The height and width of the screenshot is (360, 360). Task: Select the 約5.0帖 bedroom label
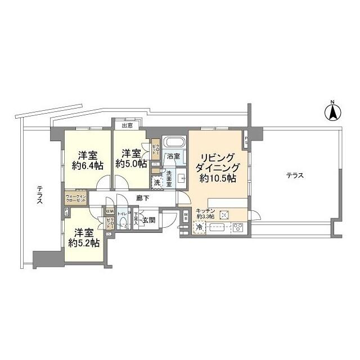coord(131,164)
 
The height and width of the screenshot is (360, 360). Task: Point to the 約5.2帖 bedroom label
coord(84,243)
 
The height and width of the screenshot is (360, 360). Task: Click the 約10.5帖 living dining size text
coord(217,178)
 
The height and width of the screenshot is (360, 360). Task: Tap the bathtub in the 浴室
coord(174,141)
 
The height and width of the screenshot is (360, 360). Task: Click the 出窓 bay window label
coord(127,125)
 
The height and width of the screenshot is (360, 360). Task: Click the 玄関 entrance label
coord(148,220)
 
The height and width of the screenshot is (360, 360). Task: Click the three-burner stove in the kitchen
coord(237,228)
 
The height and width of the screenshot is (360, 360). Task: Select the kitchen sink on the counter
coord(217,228)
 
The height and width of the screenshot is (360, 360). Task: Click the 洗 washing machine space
coord(157,182)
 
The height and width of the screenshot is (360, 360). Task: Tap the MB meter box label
coord(186,217)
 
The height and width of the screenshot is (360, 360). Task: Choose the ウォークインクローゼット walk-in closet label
coord(75,199)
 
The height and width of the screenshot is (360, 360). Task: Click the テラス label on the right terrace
coord(294,175)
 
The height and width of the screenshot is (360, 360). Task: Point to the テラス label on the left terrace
coord(39,197)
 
